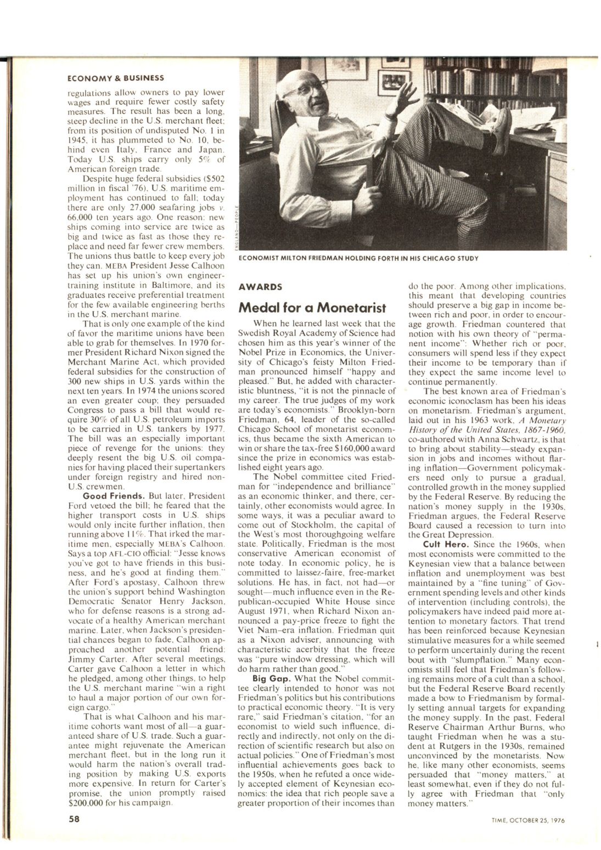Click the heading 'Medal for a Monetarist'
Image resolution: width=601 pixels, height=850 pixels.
pyautogui.click(x=313, y=307)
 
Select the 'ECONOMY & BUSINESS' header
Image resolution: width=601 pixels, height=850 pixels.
pyautogui.click(x=116, y=77)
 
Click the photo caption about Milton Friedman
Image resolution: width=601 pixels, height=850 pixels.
pyautogui.click(x=357, y=258)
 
